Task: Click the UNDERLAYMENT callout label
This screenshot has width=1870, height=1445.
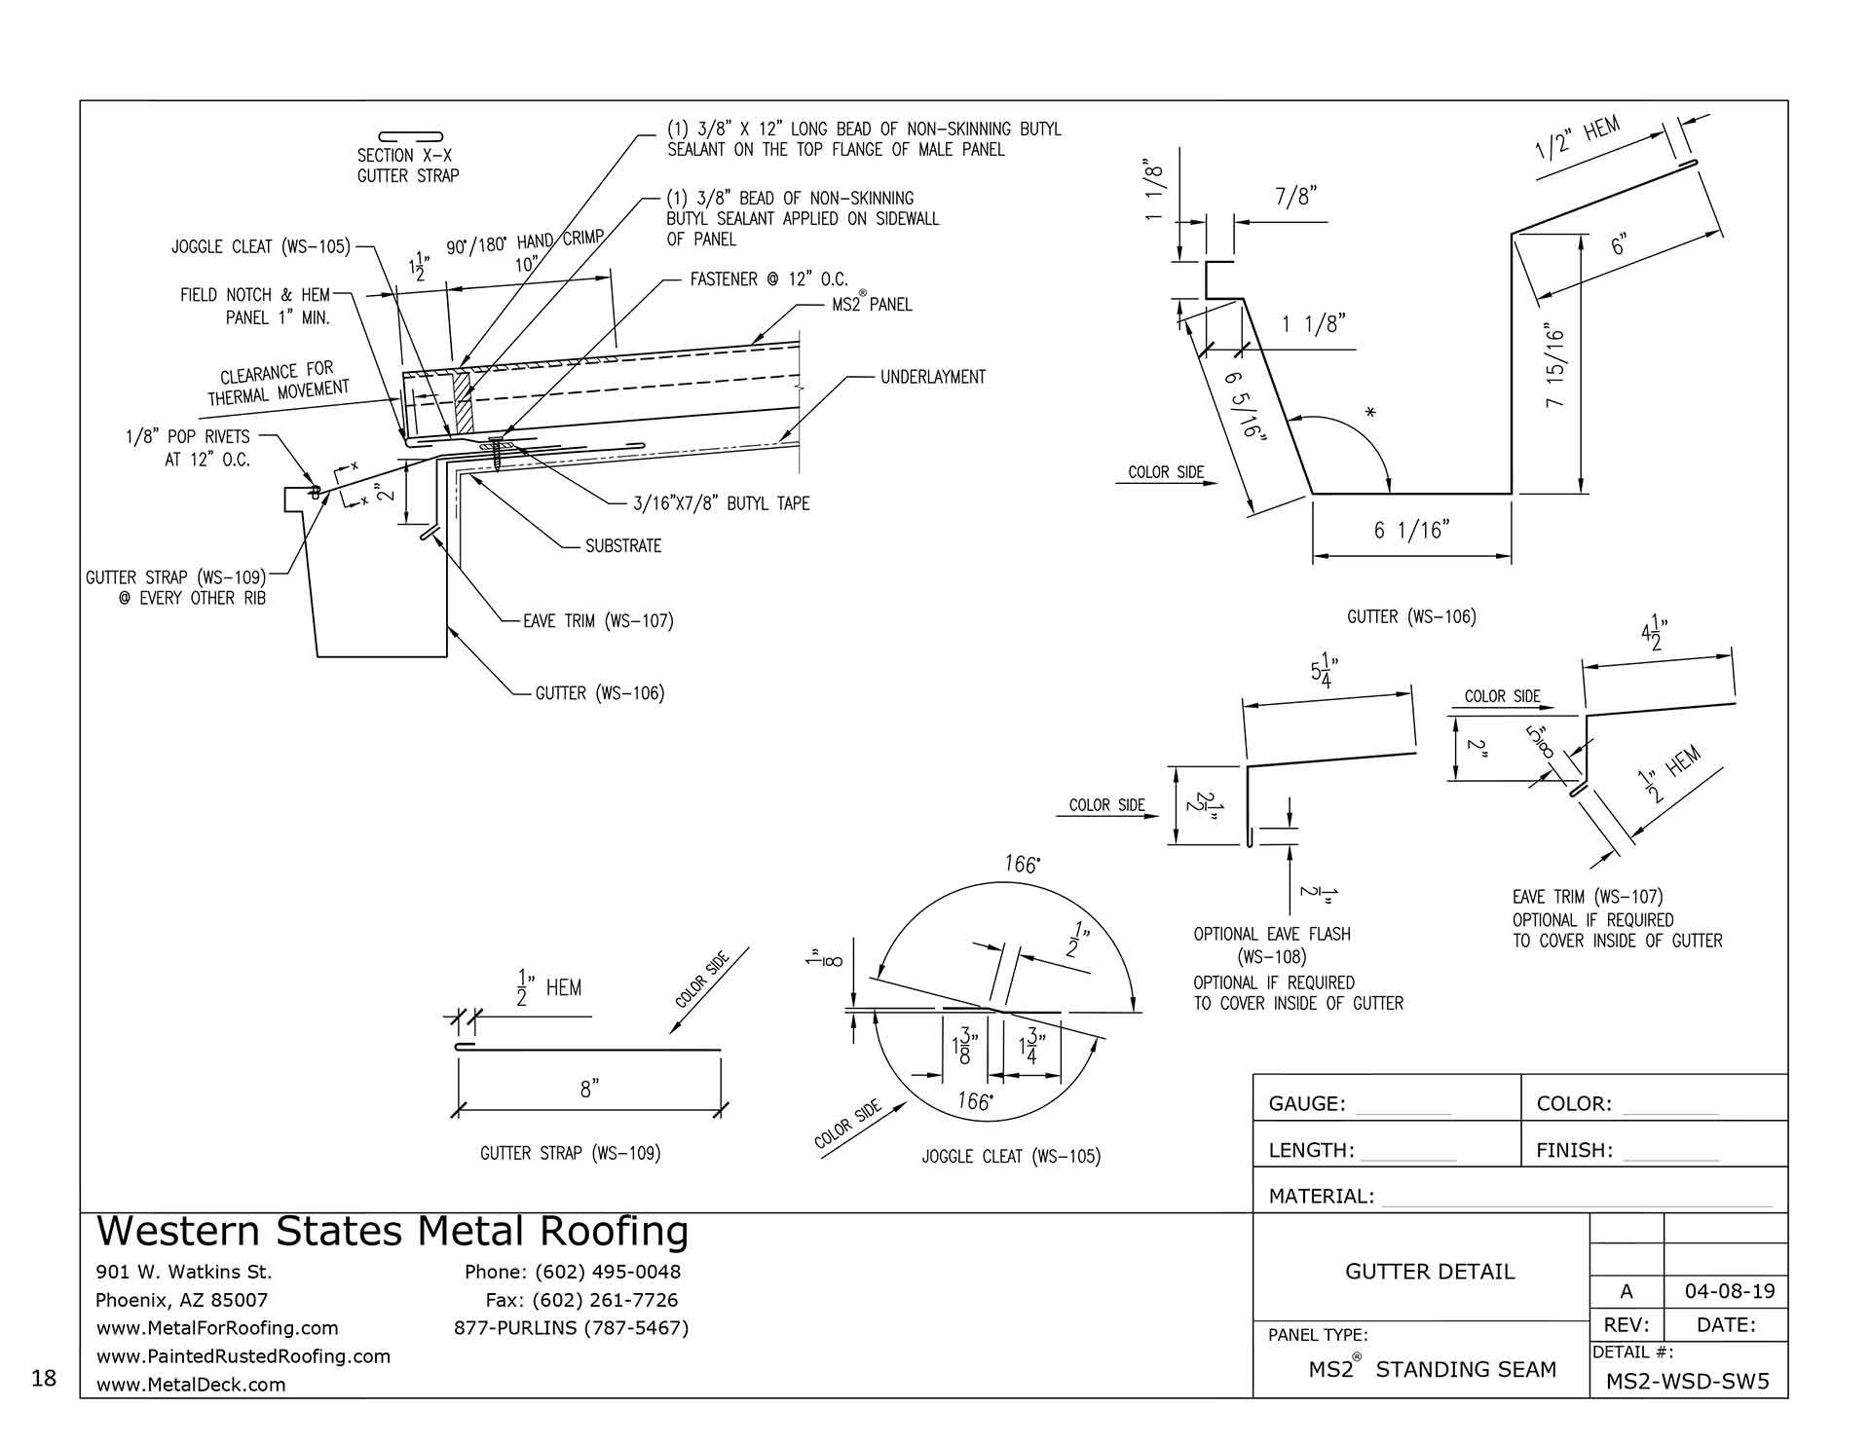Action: coord(932,377)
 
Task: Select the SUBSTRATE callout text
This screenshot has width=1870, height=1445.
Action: coord(623,546)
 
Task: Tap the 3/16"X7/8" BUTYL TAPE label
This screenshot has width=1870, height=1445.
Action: coord(721,503)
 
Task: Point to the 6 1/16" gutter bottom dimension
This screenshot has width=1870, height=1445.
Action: coord(1411,530)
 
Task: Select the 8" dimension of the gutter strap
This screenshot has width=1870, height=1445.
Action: coord(587,1090)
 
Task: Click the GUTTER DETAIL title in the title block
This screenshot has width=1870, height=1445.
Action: coord(1430,1272)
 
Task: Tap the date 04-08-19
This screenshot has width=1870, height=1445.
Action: coord(1729,1292)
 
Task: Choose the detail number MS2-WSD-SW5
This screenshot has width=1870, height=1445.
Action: coord(1687,1382)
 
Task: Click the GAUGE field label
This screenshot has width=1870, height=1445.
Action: coord(1306,1104)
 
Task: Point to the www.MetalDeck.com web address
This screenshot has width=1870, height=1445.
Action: coord(191,1385)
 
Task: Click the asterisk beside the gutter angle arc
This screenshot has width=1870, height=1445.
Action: coord(1370,414)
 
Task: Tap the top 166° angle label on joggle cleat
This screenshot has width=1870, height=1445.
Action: coord(1020,865)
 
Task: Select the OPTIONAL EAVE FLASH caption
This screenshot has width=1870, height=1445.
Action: coord(1272,935)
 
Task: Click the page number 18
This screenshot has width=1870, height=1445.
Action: coord(44,1378)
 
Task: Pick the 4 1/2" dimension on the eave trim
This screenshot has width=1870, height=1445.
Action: coord(1651,639)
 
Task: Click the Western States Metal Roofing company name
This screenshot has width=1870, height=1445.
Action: coord(393,1233)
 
